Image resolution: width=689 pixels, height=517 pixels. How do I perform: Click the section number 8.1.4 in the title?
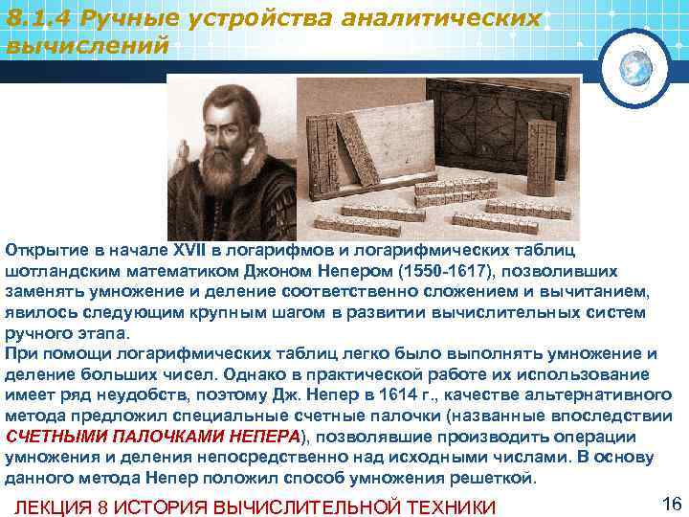click(41, 19)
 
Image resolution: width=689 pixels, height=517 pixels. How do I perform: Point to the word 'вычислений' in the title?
click(87, 44)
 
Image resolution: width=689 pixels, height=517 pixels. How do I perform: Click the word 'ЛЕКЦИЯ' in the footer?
click(56, 506)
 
